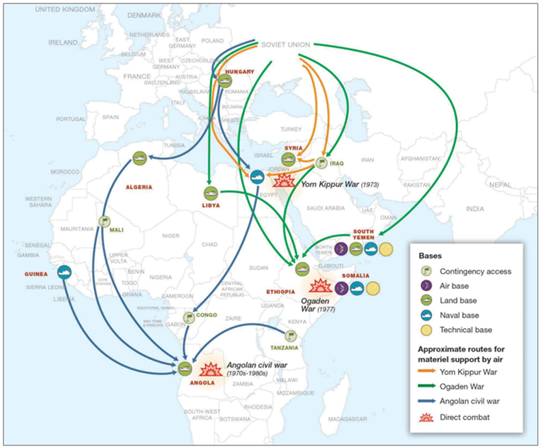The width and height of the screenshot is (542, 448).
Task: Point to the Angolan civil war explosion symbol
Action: [x=211, y=370]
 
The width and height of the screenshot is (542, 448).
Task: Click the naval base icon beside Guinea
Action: [x=64, y=273]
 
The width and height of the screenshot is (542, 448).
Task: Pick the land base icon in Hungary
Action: [x=224, y=81]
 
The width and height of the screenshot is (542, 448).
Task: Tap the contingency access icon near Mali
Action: [x=104, y=222]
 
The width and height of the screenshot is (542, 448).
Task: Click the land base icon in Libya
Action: [x=211, y=193]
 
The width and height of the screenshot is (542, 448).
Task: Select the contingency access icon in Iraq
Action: [x=321, y=162]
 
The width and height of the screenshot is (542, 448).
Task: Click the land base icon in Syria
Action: [x=287, y=158]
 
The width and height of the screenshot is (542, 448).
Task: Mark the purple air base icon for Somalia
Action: [x=341, y=288]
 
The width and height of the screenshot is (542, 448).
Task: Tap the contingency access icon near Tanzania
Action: [x=290, y=336]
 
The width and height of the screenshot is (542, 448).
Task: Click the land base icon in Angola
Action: [x=185, y=369]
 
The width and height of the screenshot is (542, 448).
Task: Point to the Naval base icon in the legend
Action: [x=427, y=315]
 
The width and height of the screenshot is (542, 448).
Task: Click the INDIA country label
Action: [x=475, y=209]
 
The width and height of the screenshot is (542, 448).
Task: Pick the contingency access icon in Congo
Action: [x=189, y=318]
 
